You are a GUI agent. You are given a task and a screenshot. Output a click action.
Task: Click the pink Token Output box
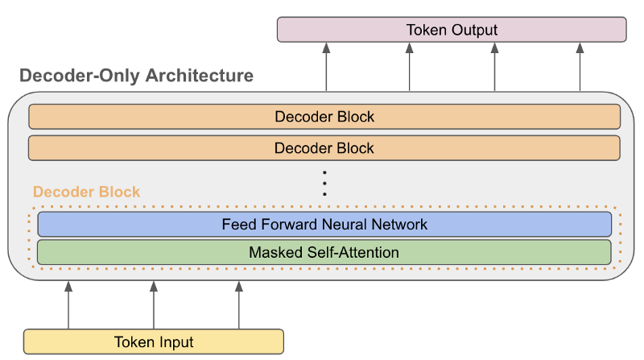click(x=452, y=30)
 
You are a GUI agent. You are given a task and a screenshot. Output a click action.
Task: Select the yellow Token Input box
click(x=153, y=341)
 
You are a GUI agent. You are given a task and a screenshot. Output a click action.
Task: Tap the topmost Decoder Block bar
click(x=324, y=117)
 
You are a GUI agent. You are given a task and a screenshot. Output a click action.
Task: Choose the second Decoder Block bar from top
click(x=324, y=148)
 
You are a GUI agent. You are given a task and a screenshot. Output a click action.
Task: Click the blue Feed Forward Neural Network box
click(x=324, y=224)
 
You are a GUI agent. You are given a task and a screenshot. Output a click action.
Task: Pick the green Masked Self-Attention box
click(x=324, y=253)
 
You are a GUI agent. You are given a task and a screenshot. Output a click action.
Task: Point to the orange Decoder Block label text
click(x=86, y=192)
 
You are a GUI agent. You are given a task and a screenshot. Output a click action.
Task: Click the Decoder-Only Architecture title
click(x=136, y=77)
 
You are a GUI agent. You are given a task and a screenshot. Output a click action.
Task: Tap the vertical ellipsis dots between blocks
click(x=324, y=183)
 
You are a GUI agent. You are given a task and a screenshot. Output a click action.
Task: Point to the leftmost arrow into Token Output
click(x=326, y=68)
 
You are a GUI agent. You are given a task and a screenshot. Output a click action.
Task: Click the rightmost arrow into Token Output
click(x=579, y=68)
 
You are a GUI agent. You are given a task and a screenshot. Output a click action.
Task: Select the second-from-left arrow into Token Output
click(x=410, y=68)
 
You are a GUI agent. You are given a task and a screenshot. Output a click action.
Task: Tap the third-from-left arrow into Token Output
click(x=494, y=68)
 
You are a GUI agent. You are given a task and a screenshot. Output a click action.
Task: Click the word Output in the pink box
click(x=475, y=30)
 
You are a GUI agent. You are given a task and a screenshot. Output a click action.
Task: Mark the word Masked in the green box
click(x=275, y=253)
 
